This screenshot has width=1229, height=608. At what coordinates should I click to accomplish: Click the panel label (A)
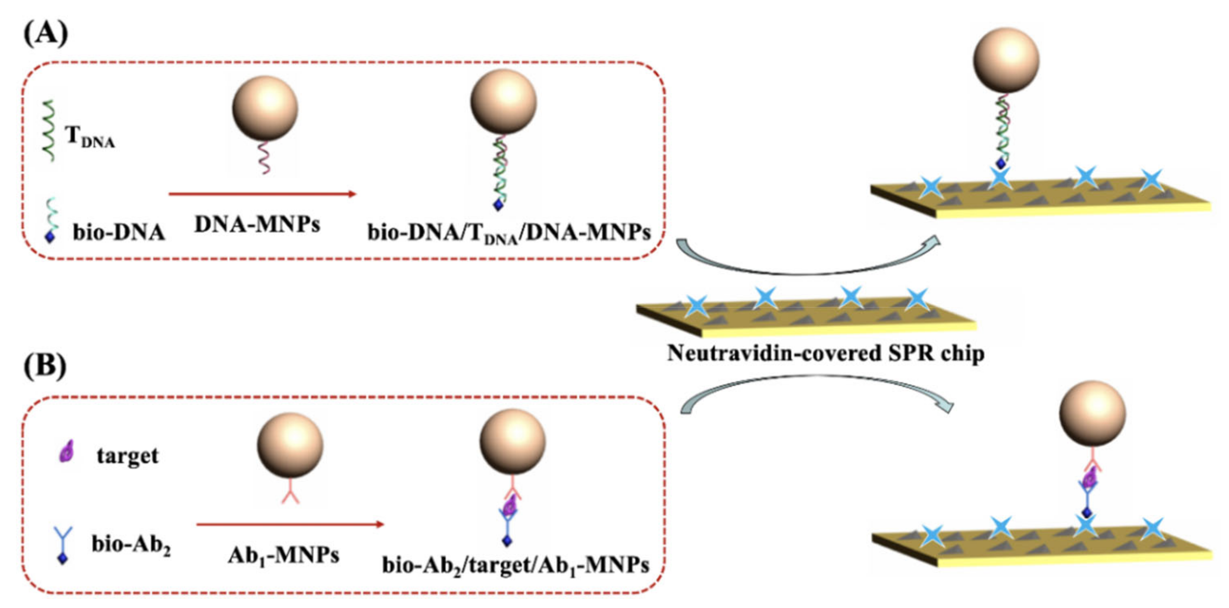click(x=46, y=35)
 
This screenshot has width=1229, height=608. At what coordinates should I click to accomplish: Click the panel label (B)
click(x=46, y=367)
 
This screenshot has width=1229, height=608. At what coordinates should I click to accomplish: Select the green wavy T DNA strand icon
click(x=49, y=131)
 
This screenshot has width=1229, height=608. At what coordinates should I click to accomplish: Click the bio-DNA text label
click(x=119, y=232)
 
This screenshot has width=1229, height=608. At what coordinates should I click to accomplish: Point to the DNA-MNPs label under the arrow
click(x=257, y=224)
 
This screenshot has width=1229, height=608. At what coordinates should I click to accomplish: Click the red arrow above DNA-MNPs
click(x=263, y=194)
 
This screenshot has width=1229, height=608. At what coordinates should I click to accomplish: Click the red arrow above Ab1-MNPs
click(x=290, y=525)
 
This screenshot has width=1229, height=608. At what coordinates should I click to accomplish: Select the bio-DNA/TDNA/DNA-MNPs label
click(x=509, y=233)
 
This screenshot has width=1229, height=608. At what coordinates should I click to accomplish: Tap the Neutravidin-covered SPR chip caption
click(x=826, y=354)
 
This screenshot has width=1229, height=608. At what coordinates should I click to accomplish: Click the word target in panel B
click(x=127, y=456)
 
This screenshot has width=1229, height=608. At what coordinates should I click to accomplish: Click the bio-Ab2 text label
click(x=131, y=545)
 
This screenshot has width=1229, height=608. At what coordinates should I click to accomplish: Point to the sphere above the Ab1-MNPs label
click(x=290, y=445)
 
